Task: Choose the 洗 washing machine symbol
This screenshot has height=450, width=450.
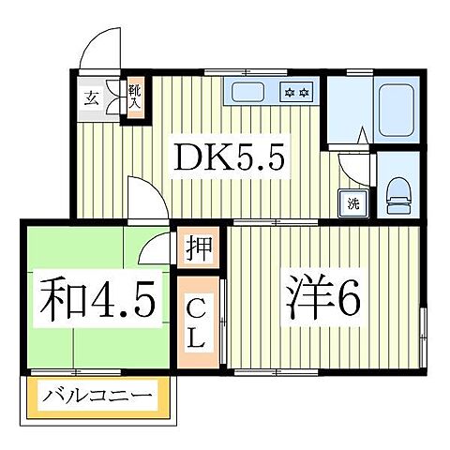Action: (353, 203)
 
